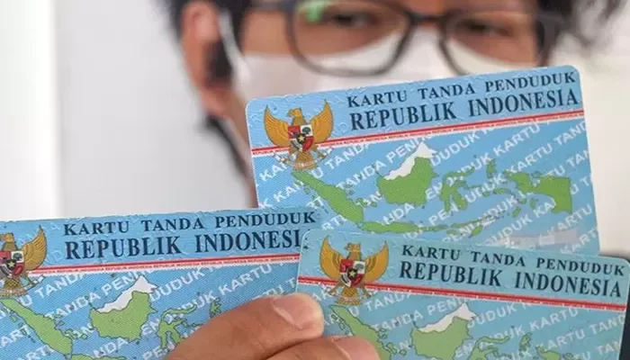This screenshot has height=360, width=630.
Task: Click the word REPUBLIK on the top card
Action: click(399, 118)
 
